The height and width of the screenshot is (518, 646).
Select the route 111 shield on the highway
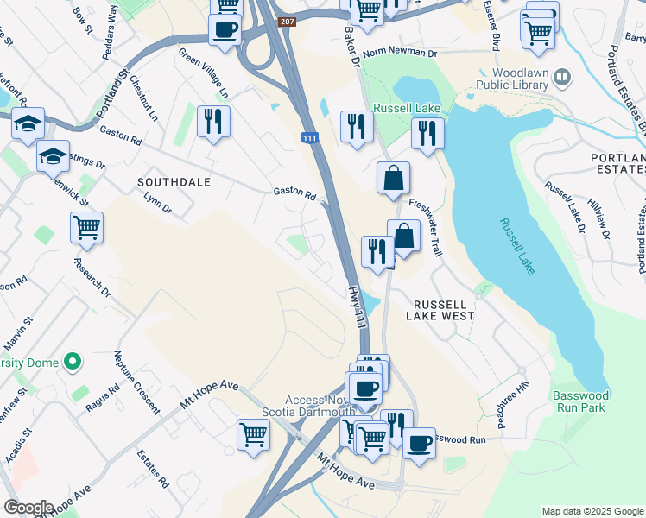pos(309,138)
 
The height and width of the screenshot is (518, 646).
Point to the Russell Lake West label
pos(444,310)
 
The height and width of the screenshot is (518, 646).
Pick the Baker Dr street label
pos(351,47)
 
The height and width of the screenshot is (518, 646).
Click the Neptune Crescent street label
pos(136,380)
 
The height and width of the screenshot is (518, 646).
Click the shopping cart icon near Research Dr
pos(87,228)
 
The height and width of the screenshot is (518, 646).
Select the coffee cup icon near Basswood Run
pos(419,444)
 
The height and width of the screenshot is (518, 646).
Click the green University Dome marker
pos(73,360)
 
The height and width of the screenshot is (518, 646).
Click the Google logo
pos(28,508)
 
